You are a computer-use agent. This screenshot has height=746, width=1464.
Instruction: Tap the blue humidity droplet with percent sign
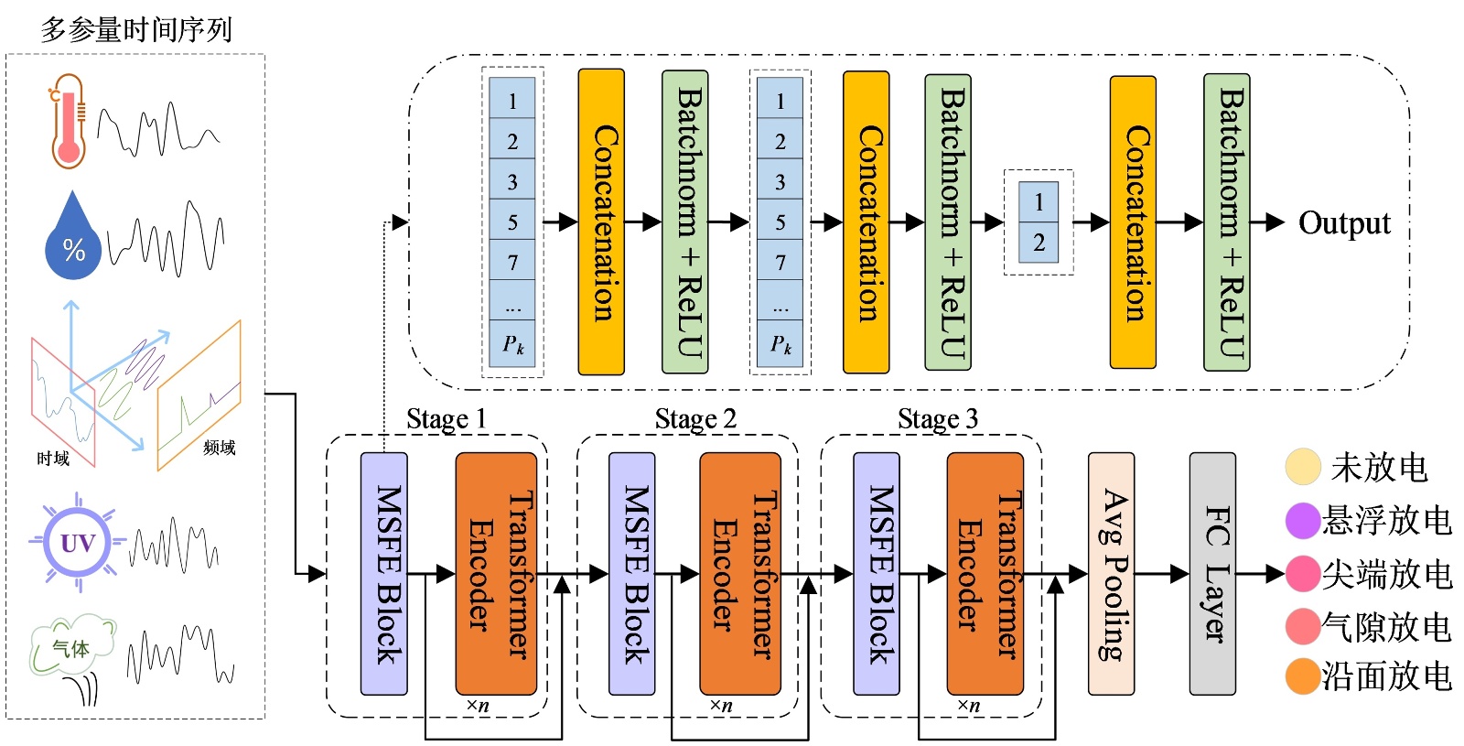(72, 239)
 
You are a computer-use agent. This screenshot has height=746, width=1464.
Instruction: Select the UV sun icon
(78, 543)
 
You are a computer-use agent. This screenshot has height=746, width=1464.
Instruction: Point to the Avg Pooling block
(1111, 574)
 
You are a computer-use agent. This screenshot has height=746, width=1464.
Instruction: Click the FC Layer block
(1212, 574)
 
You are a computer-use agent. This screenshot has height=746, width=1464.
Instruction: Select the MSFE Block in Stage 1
(384, 574)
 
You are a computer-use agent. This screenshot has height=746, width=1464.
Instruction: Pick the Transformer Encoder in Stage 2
(740, 574)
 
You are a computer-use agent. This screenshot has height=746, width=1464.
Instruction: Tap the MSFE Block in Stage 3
(877, 574)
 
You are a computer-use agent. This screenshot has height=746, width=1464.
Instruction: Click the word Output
(1344, 223)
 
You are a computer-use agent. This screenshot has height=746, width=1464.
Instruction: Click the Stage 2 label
(695, 419)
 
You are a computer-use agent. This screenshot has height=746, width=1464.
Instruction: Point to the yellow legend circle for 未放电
(1303, 467)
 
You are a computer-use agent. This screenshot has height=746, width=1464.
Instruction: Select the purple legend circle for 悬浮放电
(1303, 521)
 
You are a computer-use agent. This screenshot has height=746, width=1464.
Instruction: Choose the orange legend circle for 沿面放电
(1303, 677)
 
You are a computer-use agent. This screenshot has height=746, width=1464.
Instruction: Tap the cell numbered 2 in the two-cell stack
(1039, 243)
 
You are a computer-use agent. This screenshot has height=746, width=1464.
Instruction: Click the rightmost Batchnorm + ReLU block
(1227, 222)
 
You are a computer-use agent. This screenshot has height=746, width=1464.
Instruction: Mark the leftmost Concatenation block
(601, 222)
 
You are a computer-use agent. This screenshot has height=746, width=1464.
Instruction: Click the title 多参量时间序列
(136, 30)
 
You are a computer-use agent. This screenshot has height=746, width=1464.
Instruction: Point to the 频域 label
(220, 448)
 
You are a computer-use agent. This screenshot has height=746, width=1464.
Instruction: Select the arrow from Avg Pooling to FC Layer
(1162, 575)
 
